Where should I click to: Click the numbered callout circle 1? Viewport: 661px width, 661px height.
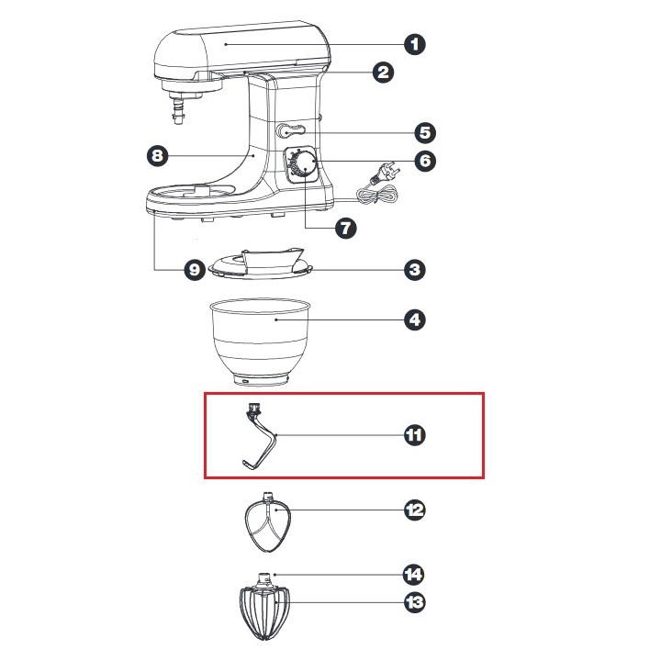click(415, 44)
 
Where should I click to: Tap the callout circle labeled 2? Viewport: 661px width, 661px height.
click(383, 73)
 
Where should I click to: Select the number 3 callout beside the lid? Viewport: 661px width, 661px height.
click(415, 270)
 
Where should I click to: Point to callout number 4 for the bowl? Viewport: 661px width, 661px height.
click(415, 320)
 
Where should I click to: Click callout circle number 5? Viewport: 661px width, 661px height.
click(425, 133)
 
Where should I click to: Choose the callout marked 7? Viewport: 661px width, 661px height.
click(346, 228)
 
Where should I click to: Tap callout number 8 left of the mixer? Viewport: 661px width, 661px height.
click(157, 155)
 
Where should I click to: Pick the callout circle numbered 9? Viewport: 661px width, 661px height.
click(195, 269)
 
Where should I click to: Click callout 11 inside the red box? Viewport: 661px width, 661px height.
click(414, 435)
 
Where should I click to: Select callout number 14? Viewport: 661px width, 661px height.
click(413, 574)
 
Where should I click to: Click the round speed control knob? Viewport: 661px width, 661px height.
click(304, 164)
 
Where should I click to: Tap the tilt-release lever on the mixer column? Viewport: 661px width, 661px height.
click(290, 131)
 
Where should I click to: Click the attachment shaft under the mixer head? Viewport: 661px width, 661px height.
click(180, 109)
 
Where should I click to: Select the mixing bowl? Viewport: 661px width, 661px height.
click(261, 342)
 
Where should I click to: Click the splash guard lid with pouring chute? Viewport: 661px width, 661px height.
click(262, 263)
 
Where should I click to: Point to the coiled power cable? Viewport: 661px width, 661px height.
click(376, 195)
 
